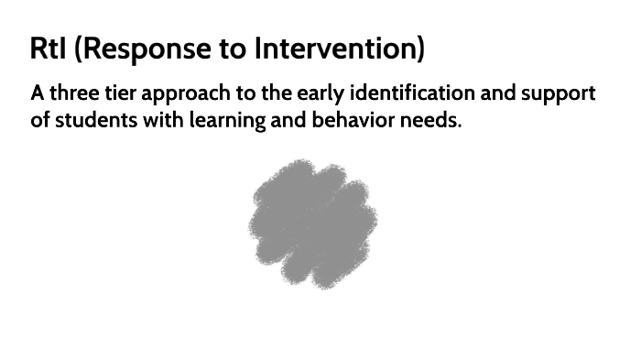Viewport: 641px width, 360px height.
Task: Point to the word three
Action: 76,94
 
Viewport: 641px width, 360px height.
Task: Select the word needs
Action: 430,120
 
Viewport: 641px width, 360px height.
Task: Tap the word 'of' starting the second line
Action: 40,120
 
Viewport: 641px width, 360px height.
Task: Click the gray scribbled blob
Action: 312,223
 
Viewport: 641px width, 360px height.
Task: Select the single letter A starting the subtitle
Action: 38,94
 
